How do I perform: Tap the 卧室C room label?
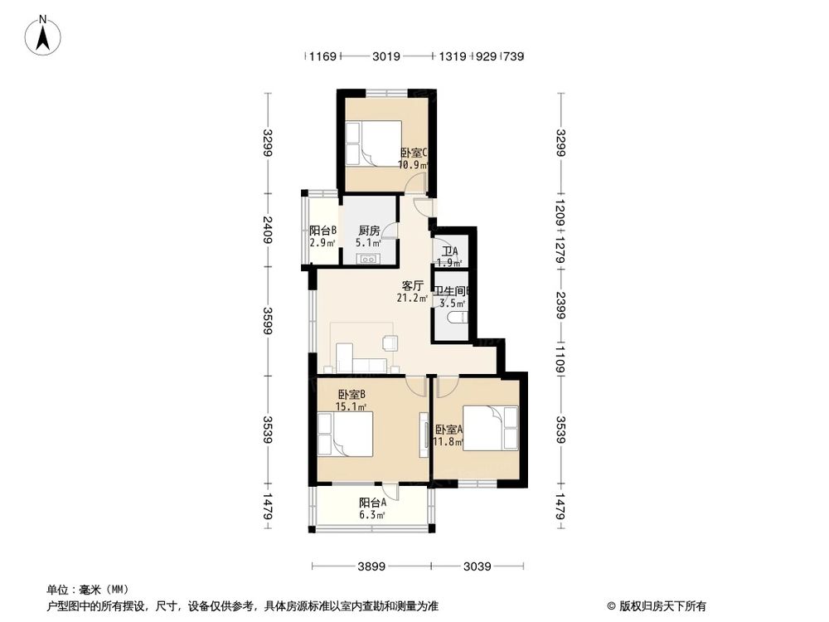pos(413,153)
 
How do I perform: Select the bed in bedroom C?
pos(373,143)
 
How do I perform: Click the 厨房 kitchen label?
pos(369,231)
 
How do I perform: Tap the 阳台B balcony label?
pos(322,231)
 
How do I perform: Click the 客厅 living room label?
pos(413,286)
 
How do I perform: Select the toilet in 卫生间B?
pos(456,317)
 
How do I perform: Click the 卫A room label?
pos(449,251)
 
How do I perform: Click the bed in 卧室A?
pos(491,427)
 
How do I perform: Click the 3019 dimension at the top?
pos(386,56)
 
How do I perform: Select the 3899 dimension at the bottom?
pos(372,567)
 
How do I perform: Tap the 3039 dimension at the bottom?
pos(478,567)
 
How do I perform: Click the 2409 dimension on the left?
pos(267,229)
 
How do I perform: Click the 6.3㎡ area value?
pos(372,515)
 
